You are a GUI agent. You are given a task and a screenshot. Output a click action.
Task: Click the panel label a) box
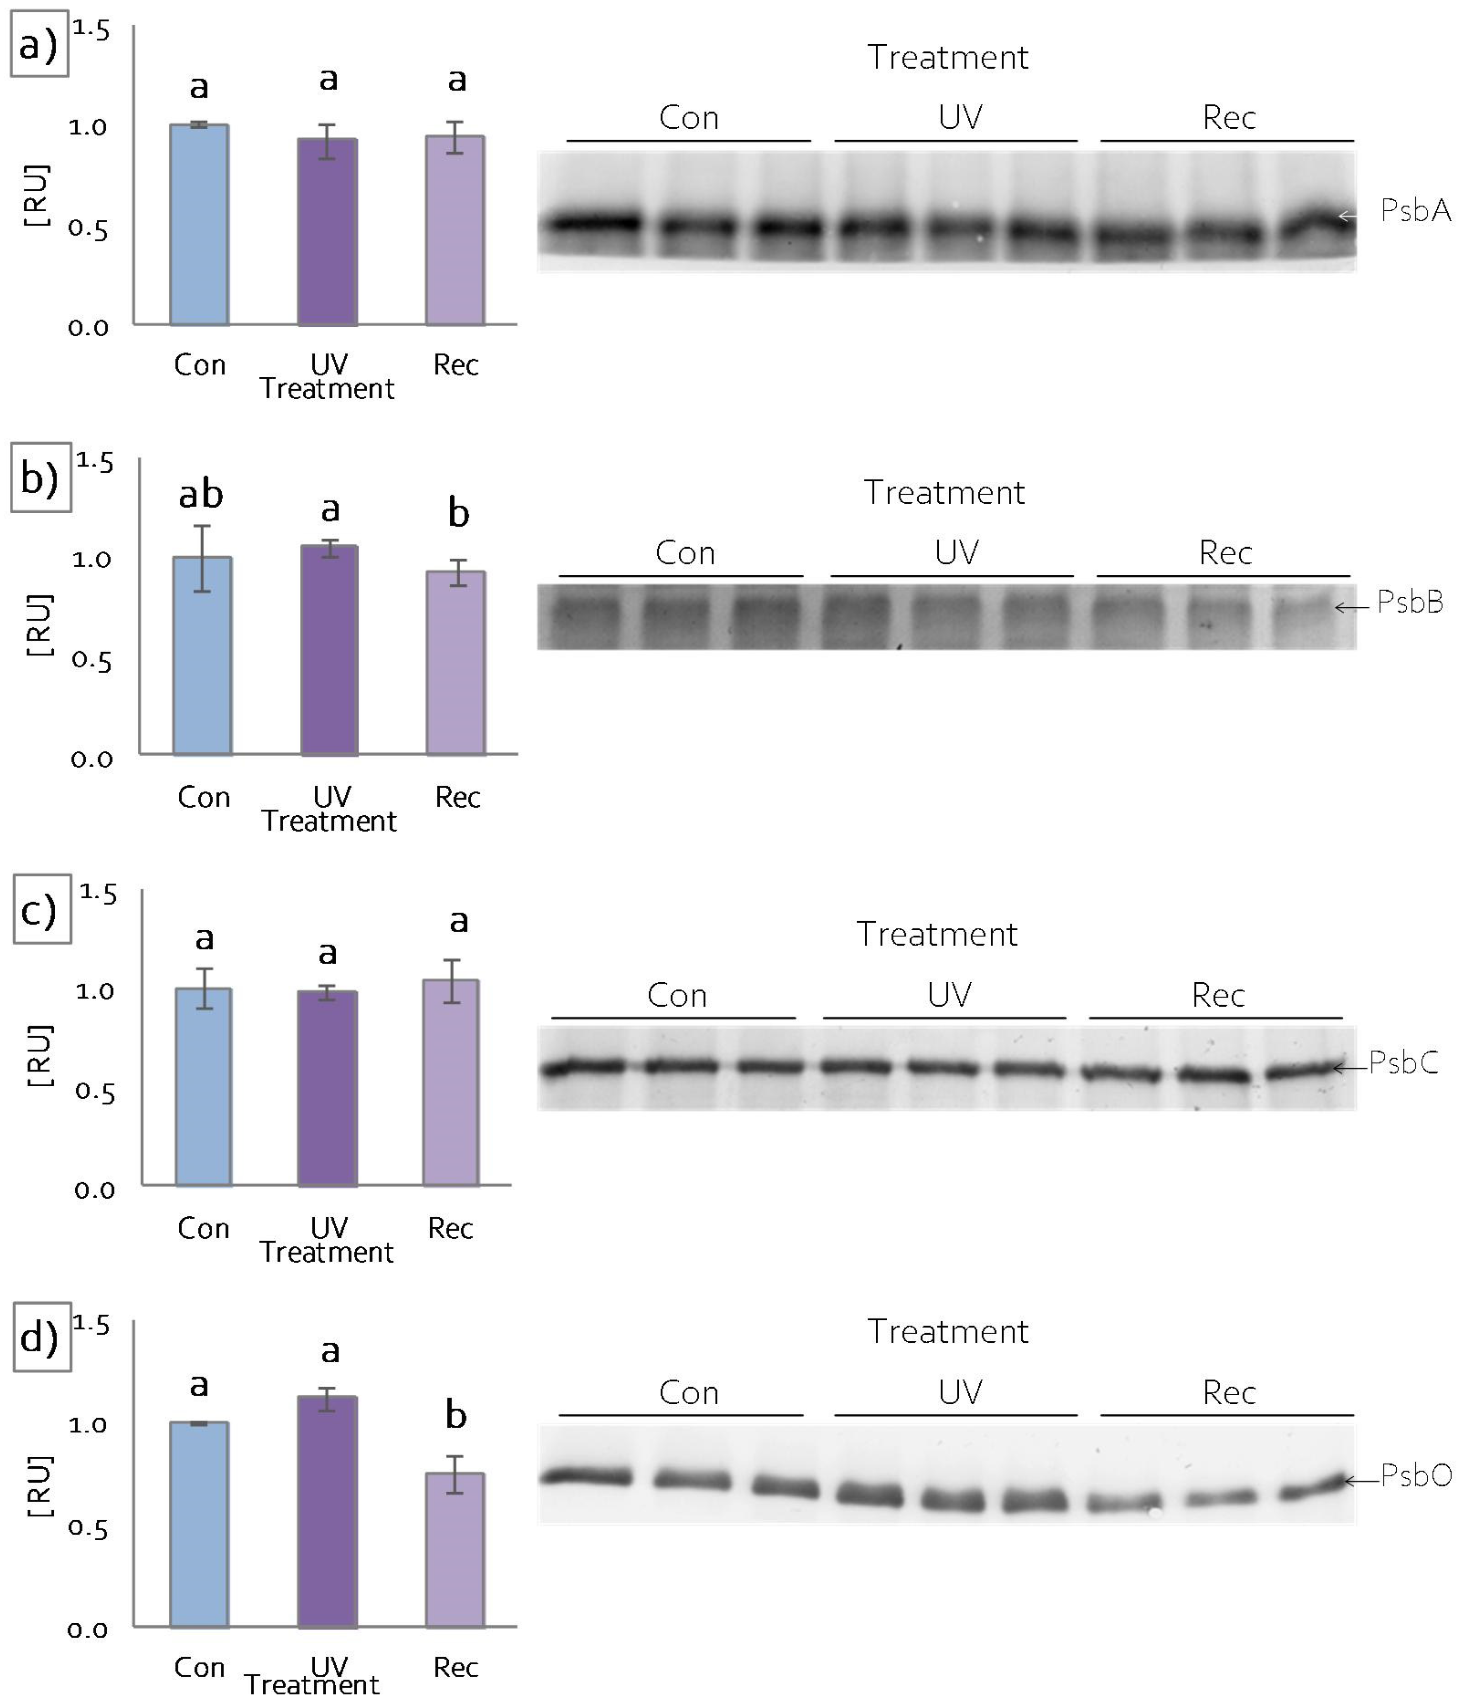point(39,46)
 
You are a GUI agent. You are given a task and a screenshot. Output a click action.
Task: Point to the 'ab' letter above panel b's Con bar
point(201,494)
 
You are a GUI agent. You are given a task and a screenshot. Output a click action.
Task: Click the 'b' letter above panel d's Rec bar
point(456,1414)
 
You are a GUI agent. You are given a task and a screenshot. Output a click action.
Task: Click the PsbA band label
point(1414,211)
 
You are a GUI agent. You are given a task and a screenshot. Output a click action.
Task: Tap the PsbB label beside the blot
point(1409,603)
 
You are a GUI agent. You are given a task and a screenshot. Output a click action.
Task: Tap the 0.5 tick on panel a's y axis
point(88,229)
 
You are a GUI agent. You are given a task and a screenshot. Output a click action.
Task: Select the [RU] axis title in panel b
point(40,626)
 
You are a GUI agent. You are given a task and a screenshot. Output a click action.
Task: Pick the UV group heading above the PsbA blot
point(959,118)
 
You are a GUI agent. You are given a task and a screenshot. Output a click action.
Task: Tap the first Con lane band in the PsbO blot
point(585,1477)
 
